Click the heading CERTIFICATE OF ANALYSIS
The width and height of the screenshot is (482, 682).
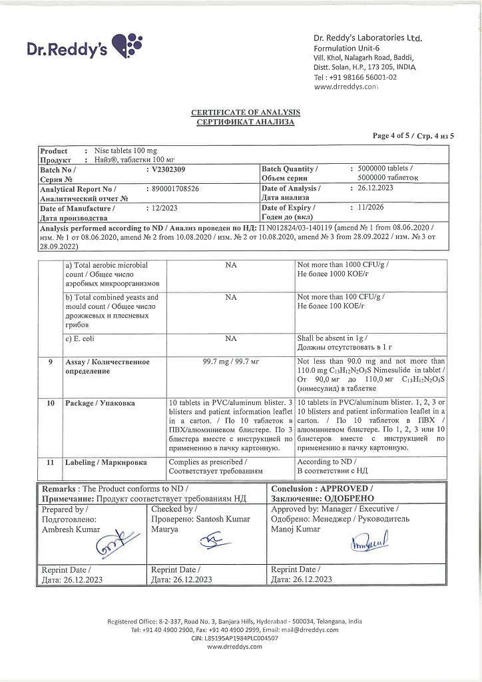point(245,112)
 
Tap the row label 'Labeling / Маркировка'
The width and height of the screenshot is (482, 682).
point(106,462)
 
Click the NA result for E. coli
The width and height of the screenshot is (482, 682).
point(231,338)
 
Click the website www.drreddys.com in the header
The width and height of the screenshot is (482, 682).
point(346,87)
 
